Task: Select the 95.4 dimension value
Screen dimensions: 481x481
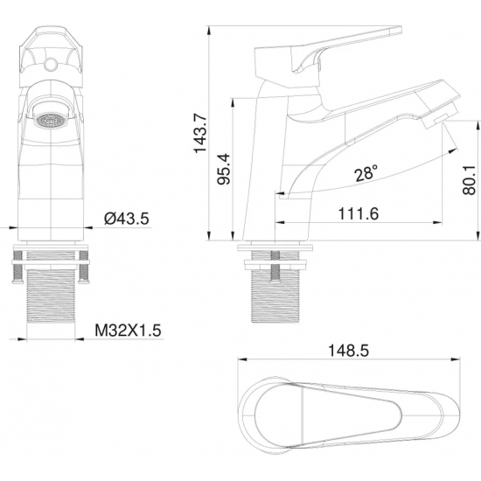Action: point(224,169)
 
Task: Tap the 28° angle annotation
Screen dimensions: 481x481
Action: point(367,173)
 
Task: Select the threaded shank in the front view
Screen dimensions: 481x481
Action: point(52,293)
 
